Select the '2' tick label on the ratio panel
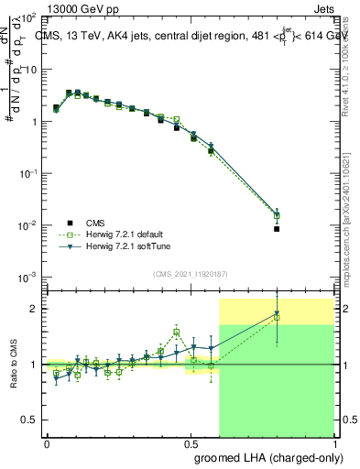tap(34, 309)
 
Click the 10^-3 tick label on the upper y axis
tap(29, 277)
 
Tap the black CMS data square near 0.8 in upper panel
tap(277, 229)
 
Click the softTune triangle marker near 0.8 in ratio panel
tap(277, 314)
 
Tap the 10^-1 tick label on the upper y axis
tap(29, 173)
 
